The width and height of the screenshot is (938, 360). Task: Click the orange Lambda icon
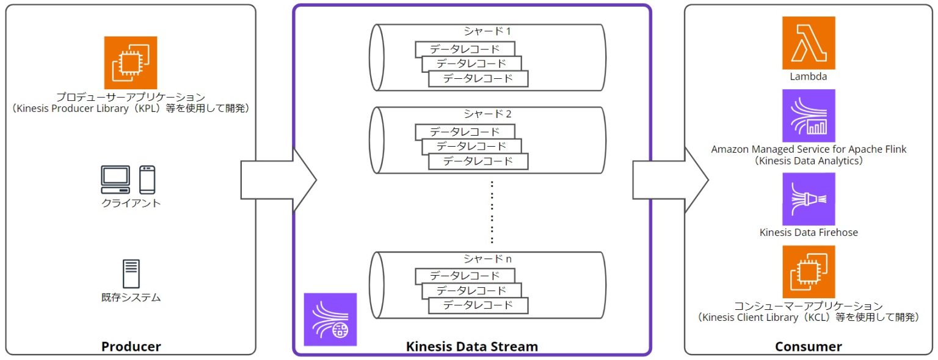(x=809, y=43)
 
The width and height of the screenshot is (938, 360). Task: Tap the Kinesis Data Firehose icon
(x=809, y=199)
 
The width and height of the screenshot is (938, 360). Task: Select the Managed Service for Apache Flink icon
(x=809, y=116)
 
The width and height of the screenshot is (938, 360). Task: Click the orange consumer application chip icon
(x=809, y=271)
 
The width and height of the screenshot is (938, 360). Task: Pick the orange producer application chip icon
(x=130, y=62)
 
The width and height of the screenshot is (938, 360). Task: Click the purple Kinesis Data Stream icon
(x=330, y=319)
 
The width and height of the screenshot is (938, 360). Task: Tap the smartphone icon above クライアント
(x=147, y=180)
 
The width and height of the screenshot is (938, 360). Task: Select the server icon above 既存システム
(x=131, y=274)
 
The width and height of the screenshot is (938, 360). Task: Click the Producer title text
(x=131, y=347)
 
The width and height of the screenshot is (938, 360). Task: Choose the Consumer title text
(x=808, y=347)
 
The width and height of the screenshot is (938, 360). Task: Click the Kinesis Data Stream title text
(x=472, y=347)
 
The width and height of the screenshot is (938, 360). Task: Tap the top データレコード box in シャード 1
(x=465, y=49)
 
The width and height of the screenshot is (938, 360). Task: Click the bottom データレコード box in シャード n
(x=478, y=305)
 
